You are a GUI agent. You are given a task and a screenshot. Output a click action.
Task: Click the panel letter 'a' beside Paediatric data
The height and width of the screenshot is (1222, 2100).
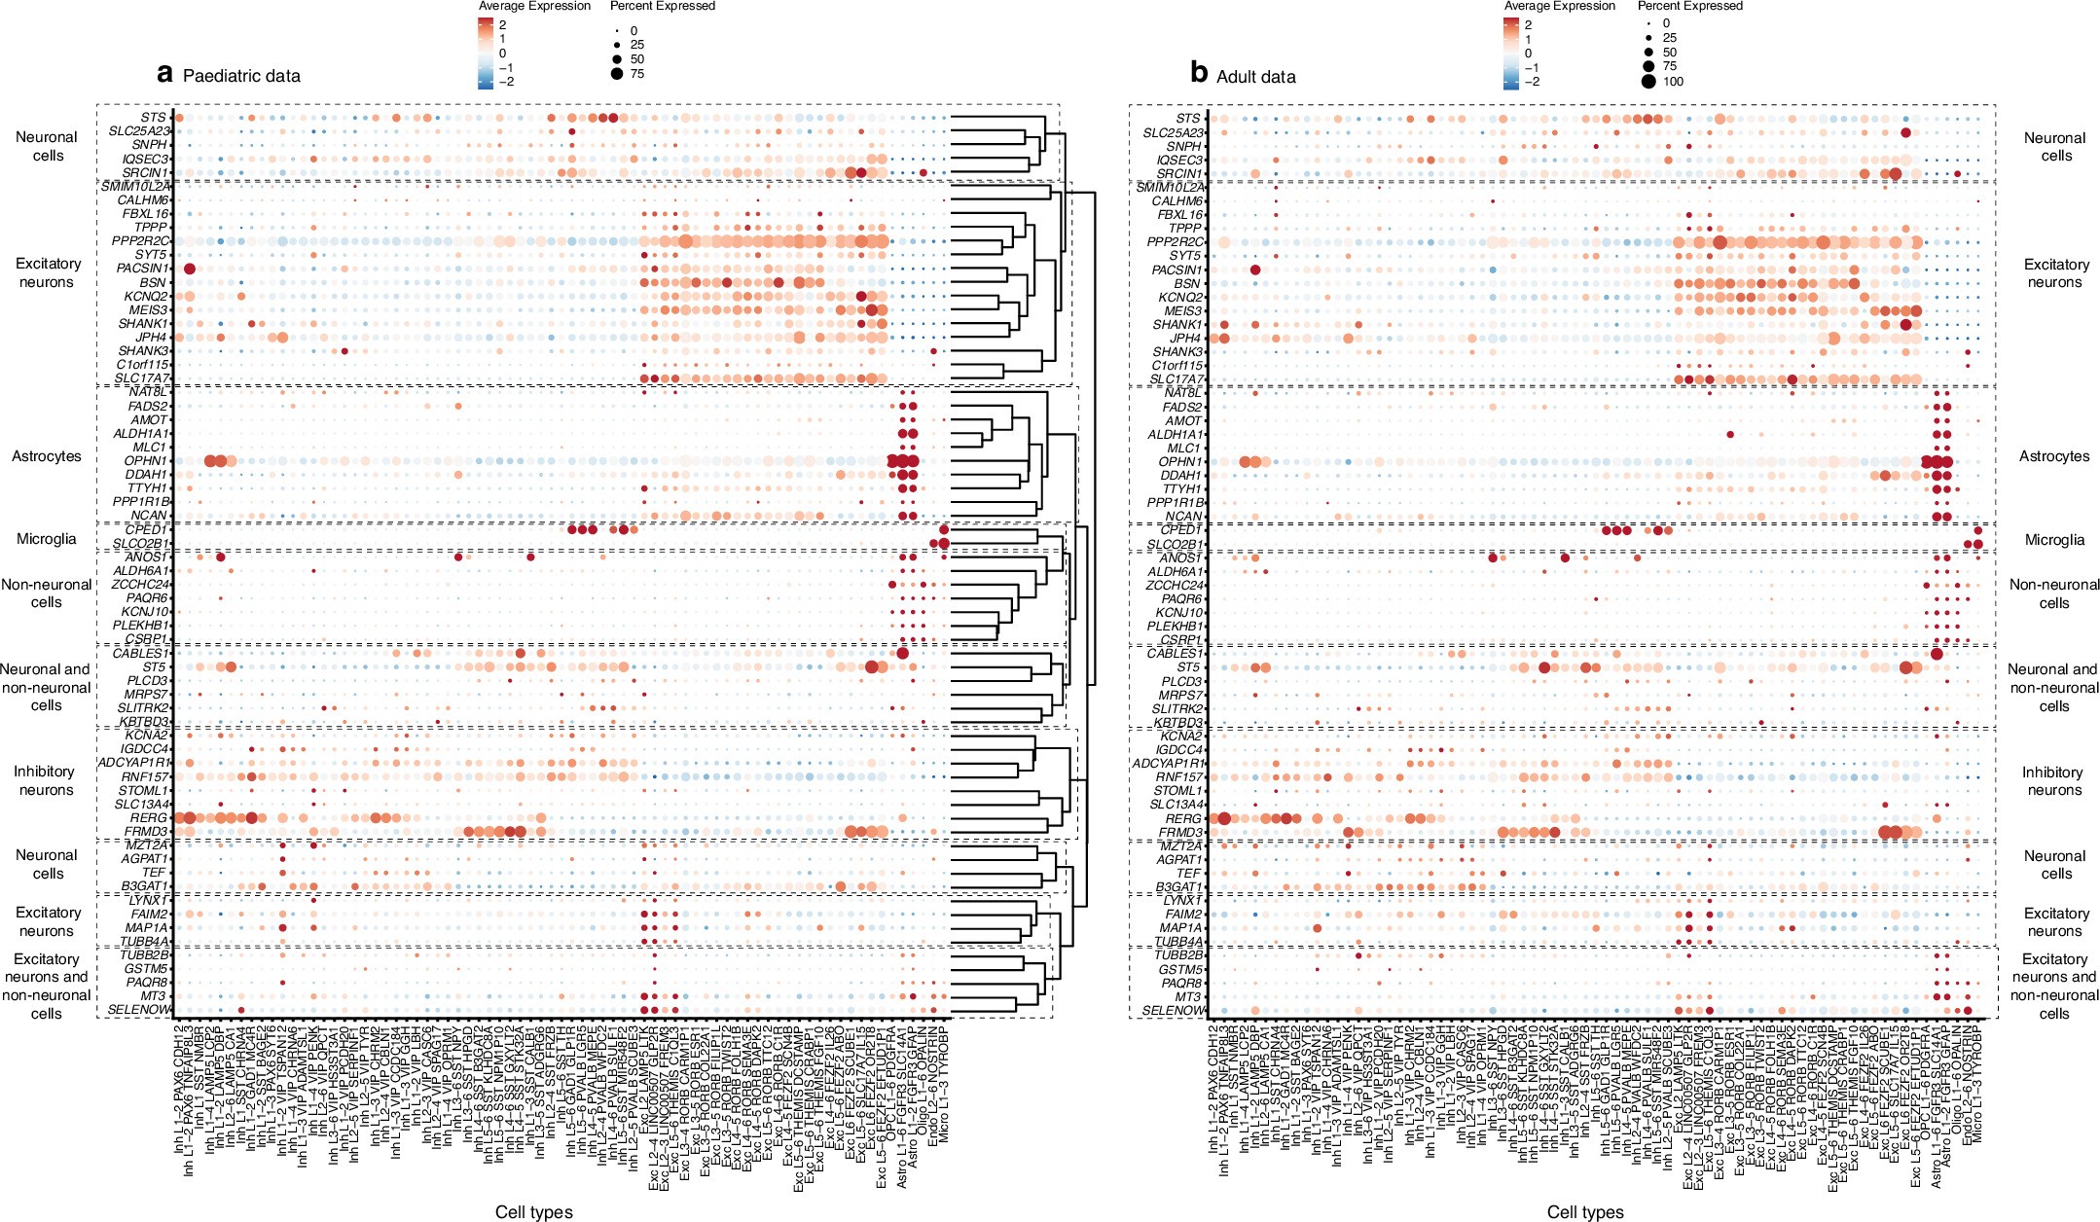165,74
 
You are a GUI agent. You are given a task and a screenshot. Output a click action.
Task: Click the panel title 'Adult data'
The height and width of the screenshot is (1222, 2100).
1255,76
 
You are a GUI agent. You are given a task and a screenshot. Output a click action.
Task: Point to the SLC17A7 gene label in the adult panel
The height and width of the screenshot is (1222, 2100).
1176,379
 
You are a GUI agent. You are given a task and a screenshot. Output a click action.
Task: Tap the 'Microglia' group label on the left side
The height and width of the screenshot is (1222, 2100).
46,539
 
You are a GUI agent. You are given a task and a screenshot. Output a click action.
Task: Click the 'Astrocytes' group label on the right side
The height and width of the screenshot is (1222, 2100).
2053,456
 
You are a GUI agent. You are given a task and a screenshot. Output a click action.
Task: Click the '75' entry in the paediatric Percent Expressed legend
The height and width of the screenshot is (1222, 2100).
636,74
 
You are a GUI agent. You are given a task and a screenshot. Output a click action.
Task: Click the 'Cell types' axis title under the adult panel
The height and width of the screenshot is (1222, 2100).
1585,1212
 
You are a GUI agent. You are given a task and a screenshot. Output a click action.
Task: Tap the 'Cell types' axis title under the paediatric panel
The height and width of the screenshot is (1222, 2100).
533,1212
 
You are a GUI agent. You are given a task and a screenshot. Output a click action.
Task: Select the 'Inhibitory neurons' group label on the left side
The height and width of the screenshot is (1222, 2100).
46,780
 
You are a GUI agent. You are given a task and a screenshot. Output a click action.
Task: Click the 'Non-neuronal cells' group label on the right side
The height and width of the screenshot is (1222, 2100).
2053,593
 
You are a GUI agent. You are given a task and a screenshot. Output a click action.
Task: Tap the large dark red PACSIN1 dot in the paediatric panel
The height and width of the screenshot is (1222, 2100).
190,269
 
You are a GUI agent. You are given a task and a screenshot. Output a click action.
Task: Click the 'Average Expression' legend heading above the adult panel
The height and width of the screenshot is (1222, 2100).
1559,6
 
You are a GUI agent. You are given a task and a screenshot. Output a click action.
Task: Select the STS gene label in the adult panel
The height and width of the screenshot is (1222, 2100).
1188,119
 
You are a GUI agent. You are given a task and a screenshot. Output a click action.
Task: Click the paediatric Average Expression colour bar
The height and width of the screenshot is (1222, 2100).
486,54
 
